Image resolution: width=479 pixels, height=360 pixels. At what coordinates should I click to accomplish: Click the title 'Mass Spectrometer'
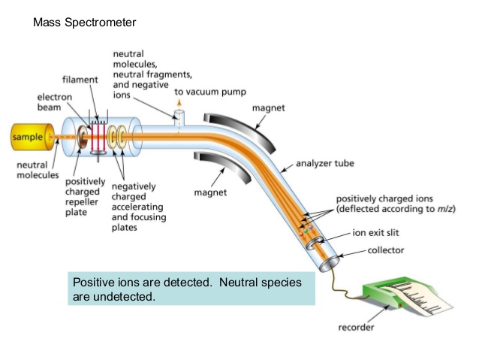(85, 23)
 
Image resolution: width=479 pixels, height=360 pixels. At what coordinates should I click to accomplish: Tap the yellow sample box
(27, 138)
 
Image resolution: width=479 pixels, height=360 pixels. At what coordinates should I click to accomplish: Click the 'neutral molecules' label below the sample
(38, 169)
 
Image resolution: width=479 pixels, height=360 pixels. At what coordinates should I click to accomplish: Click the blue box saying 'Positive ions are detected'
(191, 289)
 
